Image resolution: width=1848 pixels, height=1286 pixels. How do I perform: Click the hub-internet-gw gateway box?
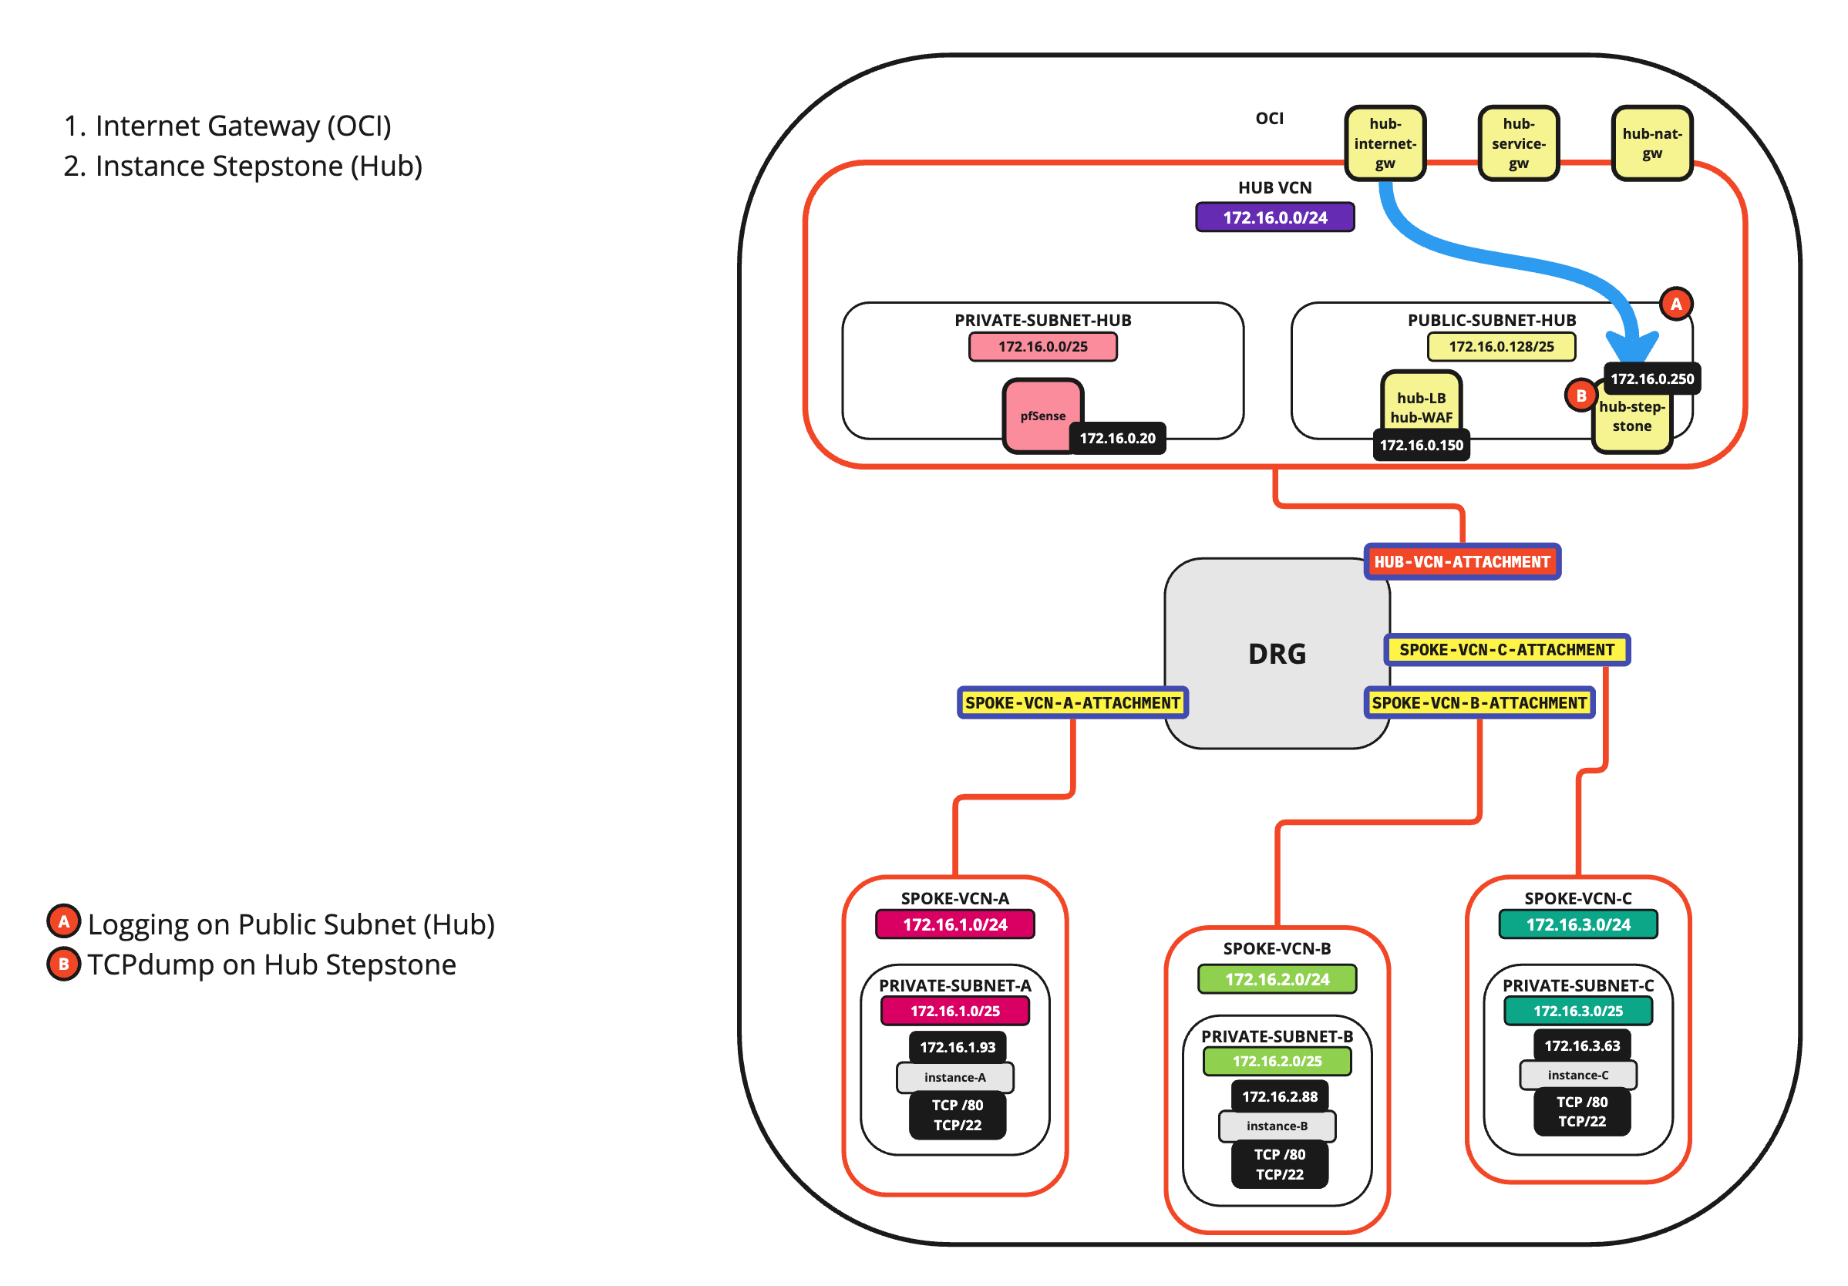[1385, 143]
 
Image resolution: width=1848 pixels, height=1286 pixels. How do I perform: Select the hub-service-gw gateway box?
[1518, 143]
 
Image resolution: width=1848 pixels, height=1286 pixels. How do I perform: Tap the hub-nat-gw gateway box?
[1651, 143]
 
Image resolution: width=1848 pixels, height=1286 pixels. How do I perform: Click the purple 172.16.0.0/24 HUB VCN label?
[1275, 217]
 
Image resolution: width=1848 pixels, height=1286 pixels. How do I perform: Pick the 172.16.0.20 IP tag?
[1117, 439]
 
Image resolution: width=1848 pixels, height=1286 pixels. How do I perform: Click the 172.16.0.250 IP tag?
[1651, 379]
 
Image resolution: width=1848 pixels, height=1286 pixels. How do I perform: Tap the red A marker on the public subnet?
[1676, 305]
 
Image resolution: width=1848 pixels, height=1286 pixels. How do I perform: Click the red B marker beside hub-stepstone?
[1580, 396]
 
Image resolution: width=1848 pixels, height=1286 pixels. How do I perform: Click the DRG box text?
[1277, 654]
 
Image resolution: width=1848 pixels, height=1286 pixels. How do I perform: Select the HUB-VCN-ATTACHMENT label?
[1462, 562]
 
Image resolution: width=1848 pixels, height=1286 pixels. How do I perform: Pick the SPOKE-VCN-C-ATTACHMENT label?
[1506, 649]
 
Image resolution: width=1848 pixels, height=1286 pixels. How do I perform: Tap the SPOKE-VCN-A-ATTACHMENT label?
[1072, 702]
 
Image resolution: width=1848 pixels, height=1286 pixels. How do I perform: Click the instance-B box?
[1277, 1126]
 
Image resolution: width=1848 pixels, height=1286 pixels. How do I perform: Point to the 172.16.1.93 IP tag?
[957, 1047]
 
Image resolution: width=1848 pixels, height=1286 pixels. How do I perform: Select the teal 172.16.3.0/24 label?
[1577, 924]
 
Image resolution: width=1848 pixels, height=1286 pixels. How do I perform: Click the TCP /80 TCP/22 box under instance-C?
[1581, 1111]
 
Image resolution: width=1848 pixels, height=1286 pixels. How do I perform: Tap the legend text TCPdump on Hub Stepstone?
[271, 964]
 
